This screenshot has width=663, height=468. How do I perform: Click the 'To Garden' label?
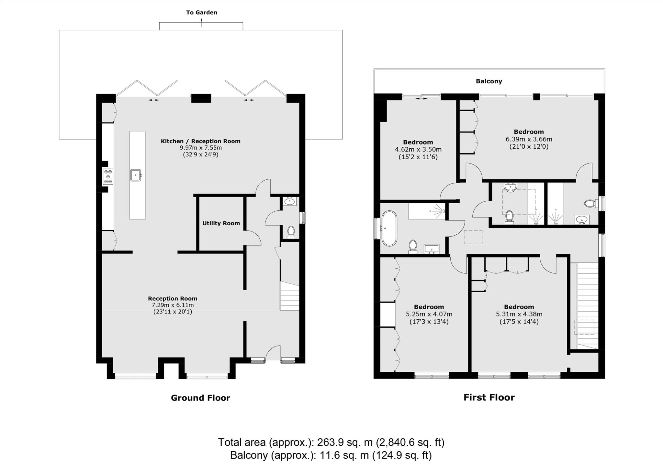(x=201, y=13)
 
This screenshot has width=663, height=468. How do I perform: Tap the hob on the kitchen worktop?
(x=108, y=176)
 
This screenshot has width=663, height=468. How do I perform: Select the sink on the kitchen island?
(x=136, y=175)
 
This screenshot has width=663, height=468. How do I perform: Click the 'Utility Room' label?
(x=221, y=223)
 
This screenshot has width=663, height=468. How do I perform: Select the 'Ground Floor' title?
(x=200, y=398)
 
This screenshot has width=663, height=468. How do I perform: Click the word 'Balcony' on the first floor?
(x=489, y=81)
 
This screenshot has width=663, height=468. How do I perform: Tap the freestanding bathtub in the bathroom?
(x=389, y=229)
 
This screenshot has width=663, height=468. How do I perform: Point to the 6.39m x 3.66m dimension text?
(x=529, y=139)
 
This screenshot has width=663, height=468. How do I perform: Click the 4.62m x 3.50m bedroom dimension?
(x=418, y=150)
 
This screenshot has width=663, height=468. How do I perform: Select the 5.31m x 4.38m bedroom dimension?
(x=519, y=314)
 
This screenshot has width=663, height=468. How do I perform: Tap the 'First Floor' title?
(x=489, y=398)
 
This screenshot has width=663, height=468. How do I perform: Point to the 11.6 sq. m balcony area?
(x=344, y=455)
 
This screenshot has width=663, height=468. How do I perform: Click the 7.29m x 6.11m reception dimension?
(x=173, y=305)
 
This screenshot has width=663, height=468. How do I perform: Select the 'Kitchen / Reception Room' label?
(x=200, y=141)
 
